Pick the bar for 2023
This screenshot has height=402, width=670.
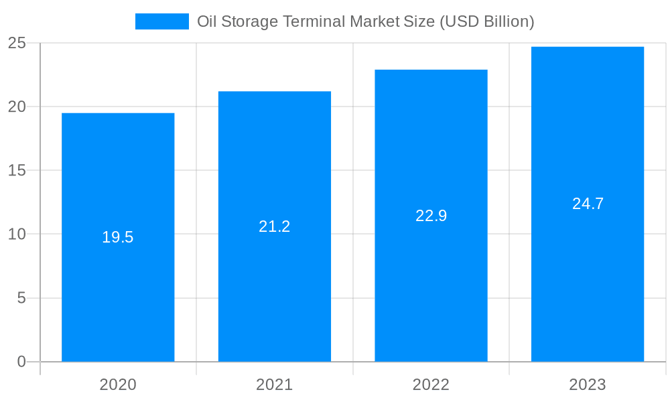click(588, 281)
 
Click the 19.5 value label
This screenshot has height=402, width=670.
click(118, 237)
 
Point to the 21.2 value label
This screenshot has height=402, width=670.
click(275, 226)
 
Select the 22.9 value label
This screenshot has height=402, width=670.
click(431, 216)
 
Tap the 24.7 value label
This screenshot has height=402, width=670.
click(588, 204)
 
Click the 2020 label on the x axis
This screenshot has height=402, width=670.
click(118, 385)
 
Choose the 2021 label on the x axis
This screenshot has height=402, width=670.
click(275, 385)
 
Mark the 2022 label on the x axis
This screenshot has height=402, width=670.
click(431, 385)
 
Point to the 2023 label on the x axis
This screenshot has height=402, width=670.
click(588, 385)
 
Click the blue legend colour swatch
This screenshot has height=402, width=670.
click(162, 21)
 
